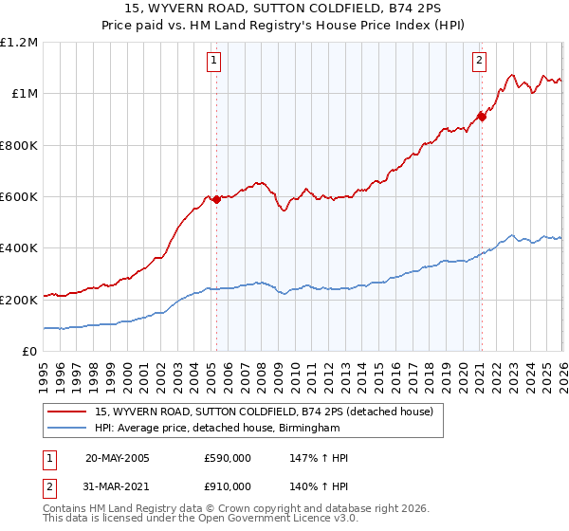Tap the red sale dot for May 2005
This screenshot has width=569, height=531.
click(x=216, y=199)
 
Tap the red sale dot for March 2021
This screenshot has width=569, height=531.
click(x=482, y=117)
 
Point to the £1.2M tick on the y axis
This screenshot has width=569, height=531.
click(x=20, y=43)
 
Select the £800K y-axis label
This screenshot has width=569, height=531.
click(x=19, y=145)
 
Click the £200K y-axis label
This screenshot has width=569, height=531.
click(x=19, y=300)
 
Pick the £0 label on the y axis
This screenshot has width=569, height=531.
click(x=28, y=351)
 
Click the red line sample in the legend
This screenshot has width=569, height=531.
click(x=67, y=412)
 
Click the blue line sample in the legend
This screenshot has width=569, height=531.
click(x=67, y=429)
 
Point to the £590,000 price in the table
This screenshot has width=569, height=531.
click(x=227, y=458)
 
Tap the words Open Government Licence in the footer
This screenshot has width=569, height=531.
click(x=247, y=521)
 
